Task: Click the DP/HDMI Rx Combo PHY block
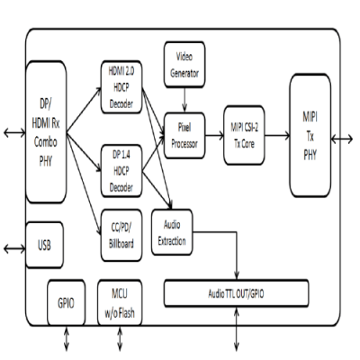coord(46,132)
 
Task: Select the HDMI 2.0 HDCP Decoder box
coord(121,87)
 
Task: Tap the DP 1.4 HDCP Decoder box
coord(121,171)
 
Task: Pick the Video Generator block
coord(184,65)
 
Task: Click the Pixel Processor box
coord(184,136)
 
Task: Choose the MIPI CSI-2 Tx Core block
coord(244,135)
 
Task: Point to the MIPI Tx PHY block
coord(310,136)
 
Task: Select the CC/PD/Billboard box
coord(121,236)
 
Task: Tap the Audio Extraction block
coord(172,232)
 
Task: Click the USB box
coord(44,245)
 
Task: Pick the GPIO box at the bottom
coord(66,303)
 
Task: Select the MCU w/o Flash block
coord(120,303)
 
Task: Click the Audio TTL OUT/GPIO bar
coord(237,293)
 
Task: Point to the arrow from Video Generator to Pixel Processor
coord(184,100)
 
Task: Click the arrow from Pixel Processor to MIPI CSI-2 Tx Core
coord(214,136)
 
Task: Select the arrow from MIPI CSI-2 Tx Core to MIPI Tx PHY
coord(277,136)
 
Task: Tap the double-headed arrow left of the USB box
coord(14,248)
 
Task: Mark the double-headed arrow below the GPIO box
coord(67,338)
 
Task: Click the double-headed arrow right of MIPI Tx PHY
coord(342,139)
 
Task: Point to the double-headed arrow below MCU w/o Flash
coord(120,338)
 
